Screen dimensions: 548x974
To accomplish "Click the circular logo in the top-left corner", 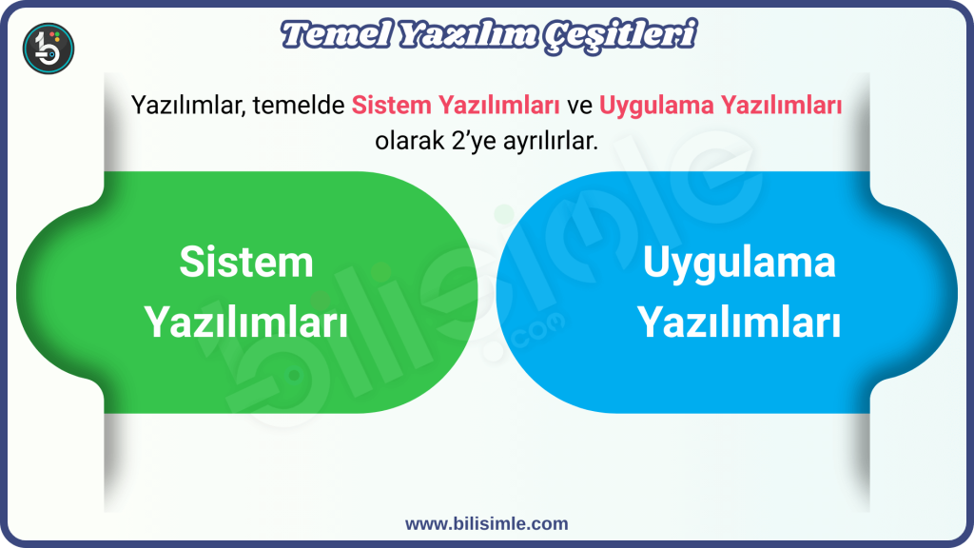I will (48, 48).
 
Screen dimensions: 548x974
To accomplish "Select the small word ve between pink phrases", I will (579, 106).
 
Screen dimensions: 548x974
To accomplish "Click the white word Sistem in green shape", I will (246, 262).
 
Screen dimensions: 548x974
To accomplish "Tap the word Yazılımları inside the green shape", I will (246, 323).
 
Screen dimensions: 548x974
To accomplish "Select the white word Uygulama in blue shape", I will (738, 262).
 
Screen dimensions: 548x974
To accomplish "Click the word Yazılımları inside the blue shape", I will (738, 323).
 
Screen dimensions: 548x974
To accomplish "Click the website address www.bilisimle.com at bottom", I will (486, 523).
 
